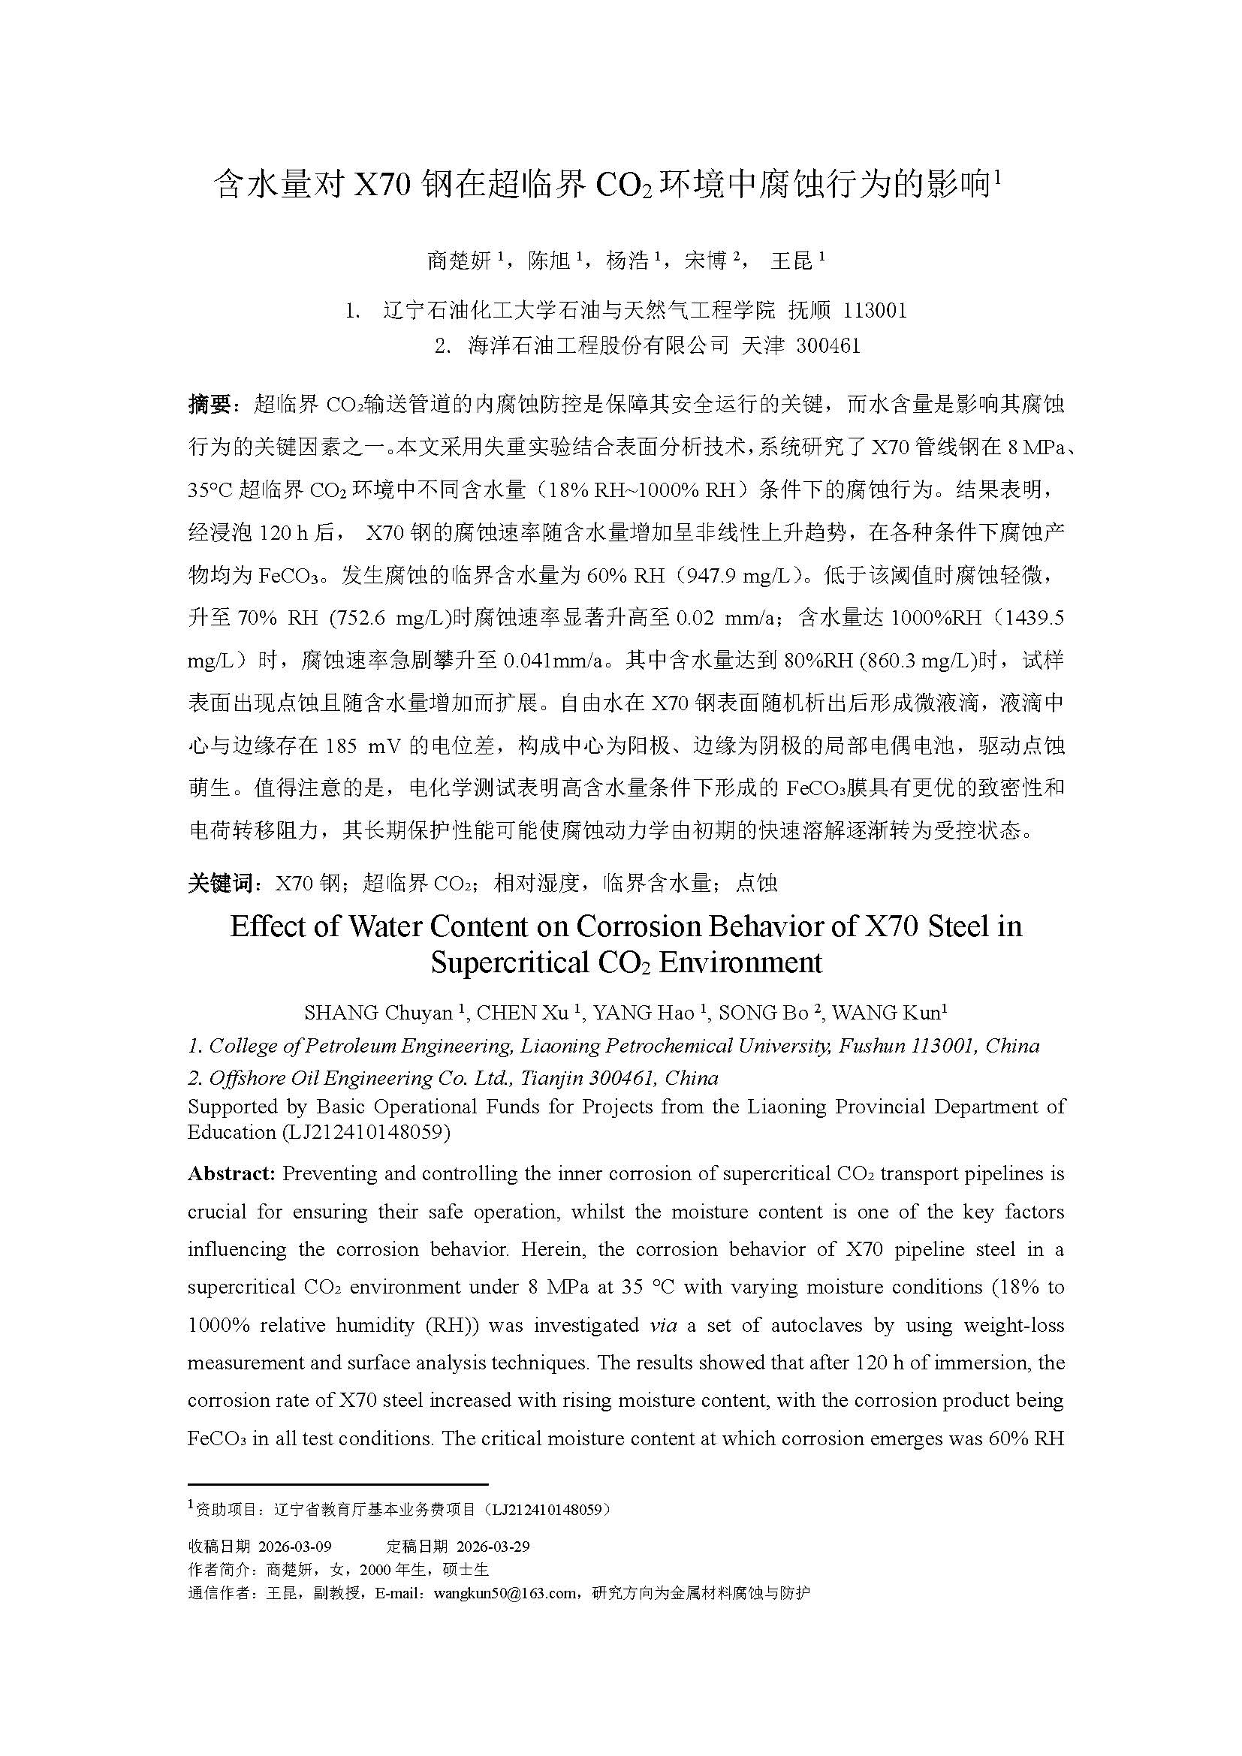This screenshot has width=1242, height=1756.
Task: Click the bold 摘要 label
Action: (x=209, y=405)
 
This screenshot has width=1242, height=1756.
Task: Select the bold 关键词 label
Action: (x=219, y=884)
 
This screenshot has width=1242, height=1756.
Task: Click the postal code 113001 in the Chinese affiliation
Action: (x=874, y=310)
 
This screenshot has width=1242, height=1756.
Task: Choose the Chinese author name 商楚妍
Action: (x=458, y=261)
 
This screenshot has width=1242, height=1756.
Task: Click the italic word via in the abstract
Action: (x=662, y=1324)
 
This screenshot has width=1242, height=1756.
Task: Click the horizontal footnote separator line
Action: (x=337, y=1484)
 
